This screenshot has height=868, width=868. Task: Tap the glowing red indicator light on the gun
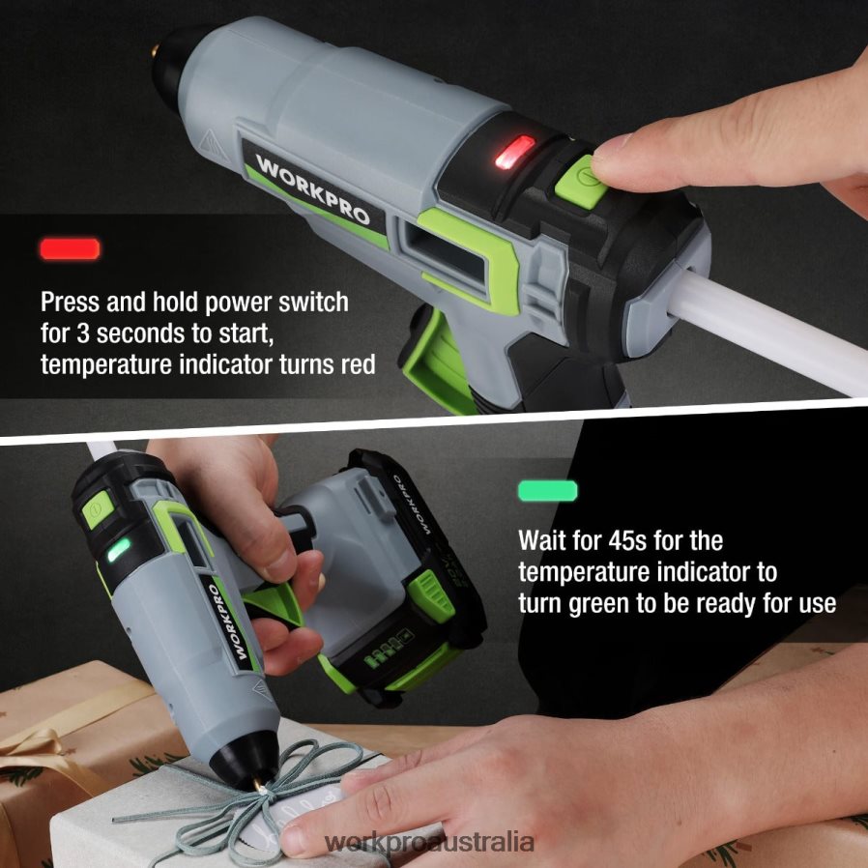coord(514,152)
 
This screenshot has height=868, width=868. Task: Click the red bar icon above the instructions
coord(70,248)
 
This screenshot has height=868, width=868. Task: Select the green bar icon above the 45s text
coord(547,491)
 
